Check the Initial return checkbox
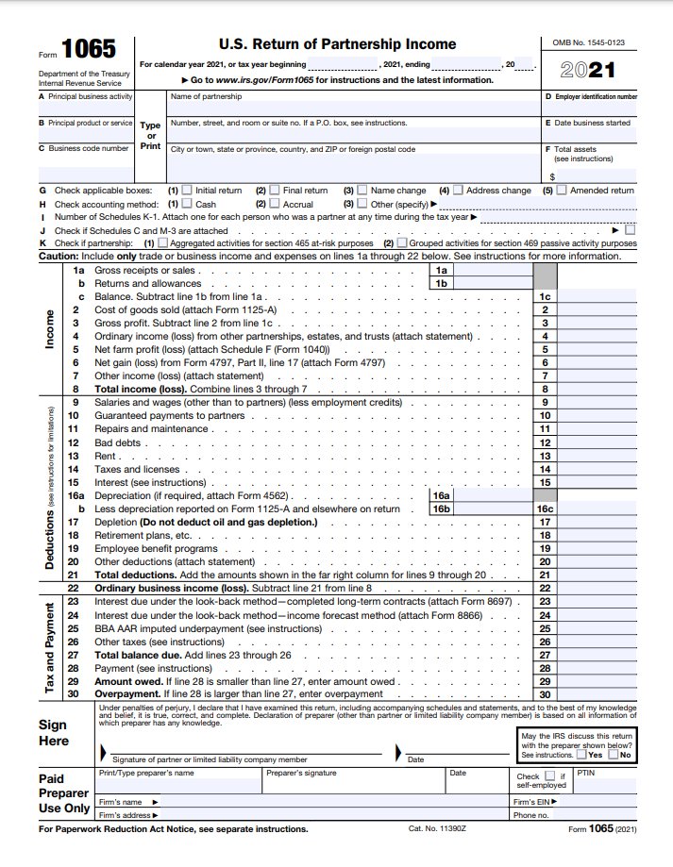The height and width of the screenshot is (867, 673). point(187,190)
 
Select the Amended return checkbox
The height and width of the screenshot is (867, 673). point(562,190)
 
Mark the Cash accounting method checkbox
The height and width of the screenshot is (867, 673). point(187,203)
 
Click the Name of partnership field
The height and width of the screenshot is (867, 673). point(349,104)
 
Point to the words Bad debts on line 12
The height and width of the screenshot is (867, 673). point(118,442)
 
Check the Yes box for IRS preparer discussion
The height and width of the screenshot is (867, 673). point(582,755)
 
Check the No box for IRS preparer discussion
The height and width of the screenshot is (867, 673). point(614,755)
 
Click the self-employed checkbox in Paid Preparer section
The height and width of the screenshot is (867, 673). point(550,775)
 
